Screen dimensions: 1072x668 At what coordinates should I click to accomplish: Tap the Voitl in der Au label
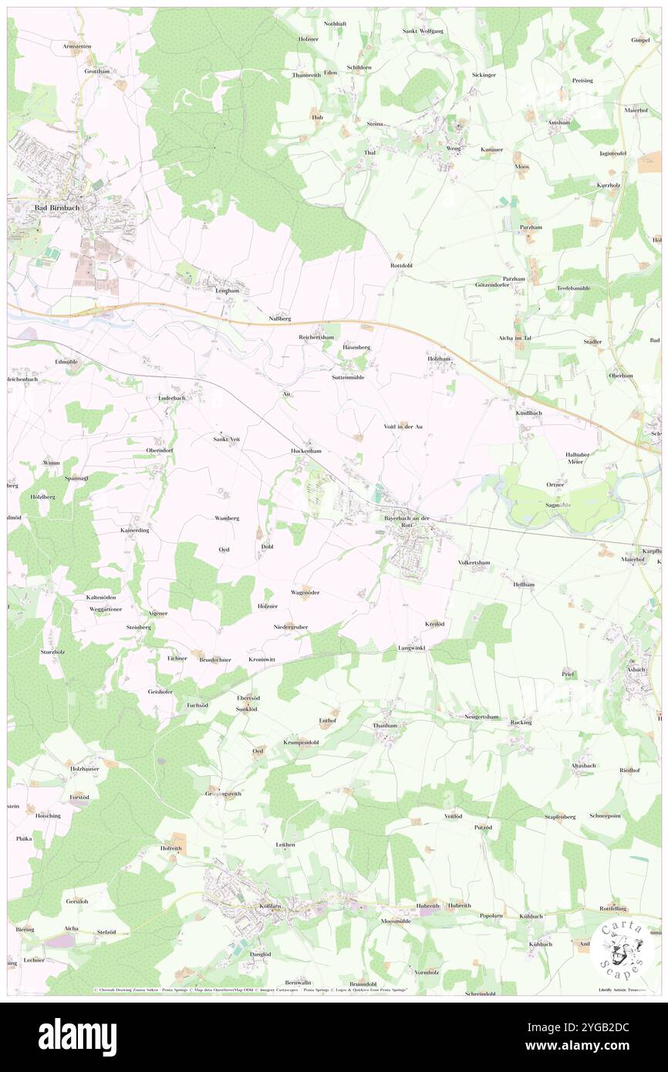[403, 426]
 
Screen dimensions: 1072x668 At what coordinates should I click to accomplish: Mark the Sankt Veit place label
[227, 439]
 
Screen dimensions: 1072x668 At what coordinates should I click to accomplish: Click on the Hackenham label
[305, 450]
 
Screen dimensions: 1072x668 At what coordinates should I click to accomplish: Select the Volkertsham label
[474, 563]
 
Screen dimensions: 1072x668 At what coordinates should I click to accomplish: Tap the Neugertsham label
[481, 716]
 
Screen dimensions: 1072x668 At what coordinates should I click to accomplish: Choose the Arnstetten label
[77, 46]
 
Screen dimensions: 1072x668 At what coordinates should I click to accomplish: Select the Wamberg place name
[227, 518]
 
